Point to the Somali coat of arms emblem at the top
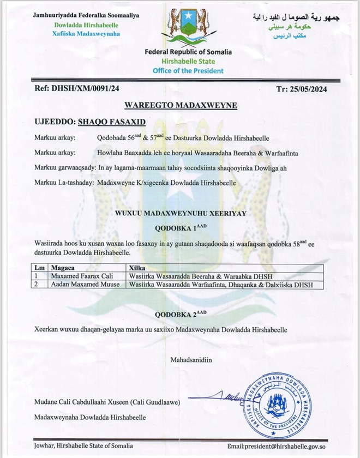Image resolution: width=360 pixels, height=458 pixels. click(188, 25)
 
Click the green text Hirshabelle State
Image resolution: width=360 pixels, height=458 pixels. click(188, 62)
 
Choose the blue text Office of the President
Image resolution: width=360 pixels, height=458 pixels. click(188, 71)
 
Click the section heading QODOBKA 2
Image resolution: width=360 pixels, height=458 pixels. click(182, 315)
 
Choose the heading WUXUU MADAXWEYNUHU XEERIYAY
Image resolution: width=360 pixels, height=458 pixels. click(180, 215)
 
